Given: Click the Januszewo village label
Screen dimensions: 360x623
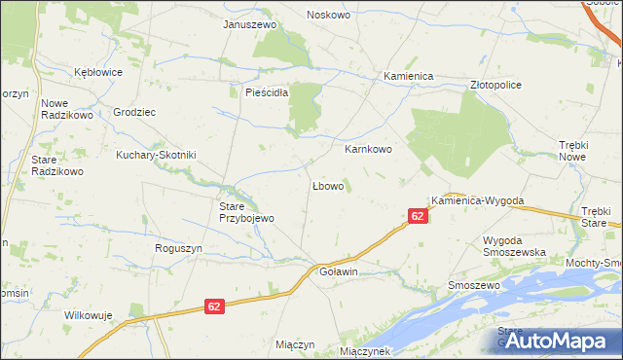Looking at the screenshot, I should [250, 23].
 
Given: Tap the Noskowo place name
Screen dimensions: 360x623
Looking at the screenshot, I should [328, 15].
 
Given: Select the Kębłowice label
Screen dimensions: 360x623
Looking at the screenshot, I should [99, 72].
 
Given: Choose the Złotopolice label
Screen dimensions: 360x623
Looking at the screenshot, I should [495, 85].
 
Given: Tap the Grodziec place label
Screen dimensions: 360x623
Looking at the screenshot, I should [134, 112].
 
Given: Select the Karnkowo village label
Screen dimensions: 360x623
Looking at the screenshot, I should [368, 150].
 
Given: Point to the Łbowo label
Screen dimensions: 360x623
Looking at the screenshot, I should [327, 185].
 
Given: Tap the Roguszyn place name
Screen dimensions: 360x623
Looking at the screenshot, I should [178, 248].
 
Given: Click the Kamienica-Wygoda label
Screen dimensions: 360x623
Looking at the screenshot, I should [478, 200].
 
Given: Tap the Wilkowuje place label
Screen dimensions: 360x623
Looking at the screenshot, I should [89, 315].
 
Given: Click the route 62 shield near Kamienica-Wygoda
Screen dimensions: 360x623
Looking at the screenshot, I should [417, 216].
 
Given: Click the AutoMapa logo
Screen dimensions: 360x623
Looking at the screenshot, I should [551, 341].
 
